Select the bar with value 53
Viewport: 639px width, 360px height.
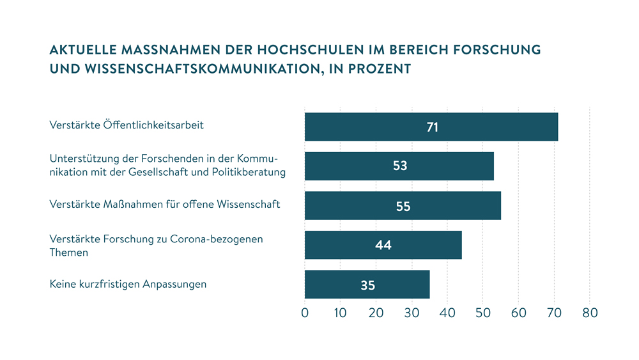[447, 166]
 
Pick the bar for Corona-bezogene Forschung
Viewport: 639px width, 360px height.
[422, 245]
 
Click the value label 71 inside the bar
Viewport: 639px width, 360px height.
[433, 127]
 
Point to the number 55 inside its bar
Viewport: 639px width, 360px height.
[403, 207]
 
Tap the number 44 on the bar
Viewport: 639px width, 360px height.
[383, 246]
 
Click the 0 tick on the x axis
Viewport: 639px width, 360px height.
[305, 313]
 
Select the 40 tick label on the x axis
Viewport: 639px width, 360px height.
[447, 313]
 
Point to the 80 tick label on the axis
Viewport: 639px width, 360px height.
[590, 313]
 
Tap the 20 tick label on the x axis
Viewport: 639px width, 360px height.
[376, 313]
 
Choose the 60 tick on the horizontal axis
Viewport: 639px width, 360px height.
[518, 313]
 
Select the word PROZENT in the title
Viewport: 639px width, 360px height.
[378, 68]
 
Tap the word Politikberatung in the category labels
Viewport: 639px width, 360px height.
[249, 173]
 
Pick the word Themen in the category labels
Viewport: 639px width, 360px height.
[69, 253]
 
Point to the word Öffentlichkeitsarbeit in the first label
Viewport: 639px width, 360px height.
[153, 125]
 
